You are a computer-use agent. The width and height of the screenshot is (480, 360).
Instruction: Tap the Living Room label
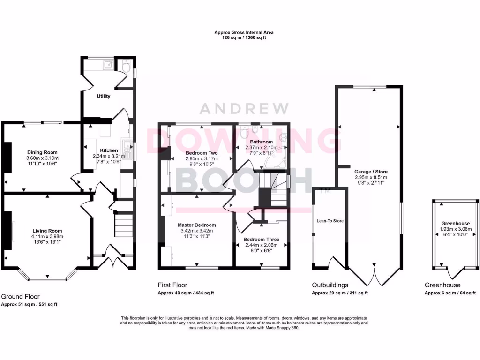coord(47,231)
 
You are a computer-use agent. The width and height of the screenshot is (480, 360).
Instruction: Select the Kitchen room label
coord(109,150)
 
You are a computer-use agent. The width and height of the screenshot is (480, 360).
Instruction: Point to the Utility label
coord(104,96)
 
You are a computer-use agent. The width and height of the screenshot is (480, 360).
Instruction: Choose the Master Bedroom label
coord(197,225)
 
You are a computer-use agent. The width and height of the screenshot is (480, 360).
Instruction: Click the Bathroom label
coord(261,142)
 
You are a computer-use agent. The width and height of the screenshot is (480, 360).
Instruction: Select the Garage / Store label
coord(371,172)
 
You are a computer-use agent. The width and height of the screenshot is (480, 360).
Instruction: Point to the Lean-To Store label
coord(330,220)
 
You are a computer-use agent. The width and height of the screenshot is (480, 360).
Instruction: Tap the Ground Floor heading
coord(20,297)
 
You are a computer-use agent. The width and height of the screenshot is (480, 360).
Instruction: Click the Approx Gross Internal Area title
coord(244,33)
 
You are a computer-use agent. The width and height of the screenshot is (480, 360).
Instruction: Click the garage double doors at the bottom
coord(374,277)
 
